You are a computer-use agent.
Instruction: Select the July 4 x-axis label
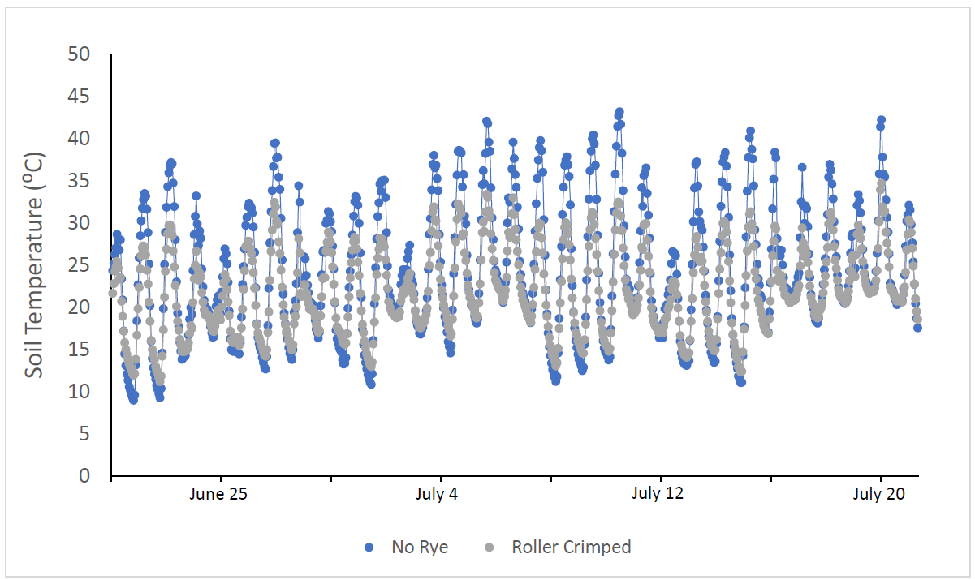(441, 494)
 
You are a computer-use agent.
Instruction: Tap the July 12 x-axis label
(660, 494)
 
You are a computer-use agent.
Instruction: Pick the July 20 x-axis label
(880, 494)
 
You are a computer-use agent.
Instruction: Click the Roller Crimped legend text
(571, 548)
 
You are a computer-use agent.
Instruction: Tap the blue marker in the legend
(369, 548)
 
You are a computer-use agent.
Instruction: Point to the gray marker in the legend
(490, 548)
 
